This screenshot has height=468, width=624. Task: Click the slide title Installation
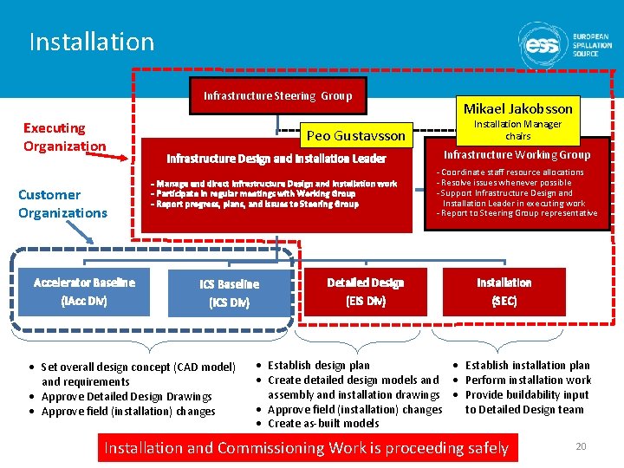point(91,42)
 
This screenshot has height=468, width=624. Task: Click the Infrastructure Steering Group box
point(277,95)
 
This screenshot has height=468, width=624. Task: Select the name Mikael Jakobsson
point(517,108)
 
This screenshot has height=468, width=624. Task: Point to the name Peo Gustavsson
point(355,136)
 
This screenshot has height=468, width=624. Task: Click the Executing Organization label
point(64,137)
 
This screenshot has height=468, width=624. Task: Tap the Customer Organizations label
point(62,204)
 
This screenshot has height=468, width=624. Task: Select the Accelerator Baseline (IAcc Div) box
point(84,292)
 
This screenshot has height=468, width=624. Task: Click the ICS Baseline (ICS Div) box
point(229,294)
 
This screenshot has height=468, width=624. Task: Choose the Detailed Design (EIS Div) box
point(365,292)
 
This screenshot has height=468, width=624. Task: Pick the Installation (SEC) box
point(504,292)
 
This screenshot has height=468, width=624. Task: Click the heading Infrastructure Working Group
point(517,155)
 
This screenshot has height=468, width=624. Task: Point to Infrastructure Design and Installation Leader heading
point(276,159)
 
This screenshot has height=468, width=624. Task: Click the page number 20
point(581,446)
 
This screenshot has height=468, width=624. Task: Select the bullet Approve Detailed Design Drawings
point(127,397)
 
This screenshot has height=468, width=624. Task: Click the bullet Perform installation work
point(528,380)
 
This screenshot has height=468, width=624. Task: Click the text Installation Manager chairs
point(517,130)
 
